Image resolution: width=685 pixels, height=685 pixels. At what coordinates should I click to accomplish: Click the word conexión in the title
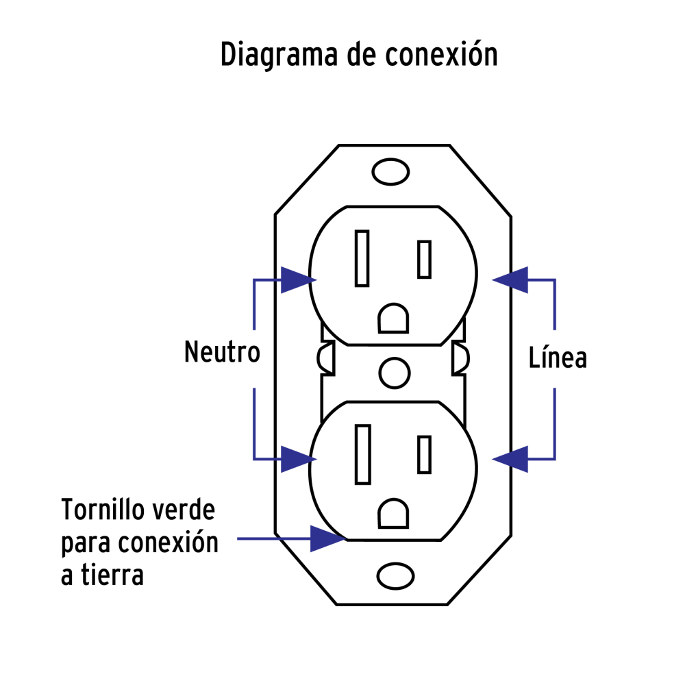coord(441,55)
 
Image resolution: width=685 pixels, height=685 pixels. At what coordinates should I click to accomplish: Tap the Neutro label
coord(223,353)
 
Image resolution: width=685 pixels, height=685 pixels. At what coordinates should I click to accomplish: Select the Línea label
coord(558,358)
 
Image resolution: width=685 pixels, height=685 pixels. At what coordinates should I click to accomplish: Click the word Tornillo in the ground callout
coord(103,511)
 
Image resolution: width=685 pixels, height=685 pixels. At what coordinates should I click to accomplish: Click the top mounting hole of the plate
coord(391,172)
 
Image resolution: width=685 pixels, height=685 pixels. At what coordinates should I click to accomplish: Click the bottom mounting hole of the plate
coord(391,576)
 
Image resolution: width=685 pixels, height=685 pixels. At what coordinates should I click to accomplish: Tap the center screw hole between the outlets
coord(394,372)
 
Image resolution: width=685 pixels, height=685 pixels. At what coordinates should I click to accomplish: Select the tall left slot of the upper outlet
coord(362,258)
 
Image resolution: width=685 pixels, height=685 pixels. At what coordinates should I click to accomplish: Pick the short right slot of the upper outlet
coord(424,260)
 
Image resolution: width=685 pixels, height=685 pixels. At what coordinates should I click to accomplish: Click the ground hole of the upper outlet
coord(393,319)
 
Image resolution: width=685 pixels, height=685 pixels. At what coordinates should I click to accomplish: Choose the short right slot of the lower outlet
coord(424,454)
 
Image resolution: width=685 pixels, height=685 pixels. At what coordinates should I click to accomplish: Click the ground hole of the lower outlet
coord(393,512)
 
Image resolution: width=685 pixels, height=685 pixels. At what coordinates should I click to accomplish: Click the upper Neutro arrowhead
coord(296,279)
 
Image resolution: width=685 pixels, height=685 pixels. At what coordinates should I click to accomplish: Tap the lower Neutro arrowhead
coord(296,458)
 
